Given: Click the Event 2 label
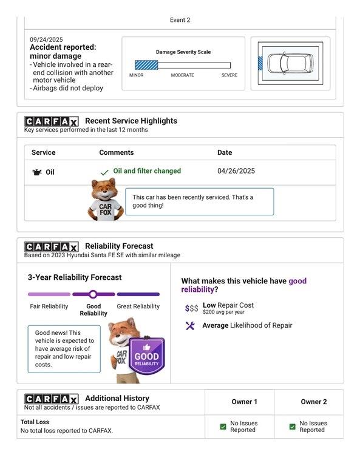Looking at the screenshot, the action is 180,20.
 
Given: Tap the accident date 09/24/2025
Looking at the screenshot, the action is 46,39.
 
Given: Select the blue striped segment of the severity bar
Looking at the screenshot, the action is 146,65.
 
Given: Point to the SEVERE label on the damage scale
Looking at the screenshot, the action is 229,75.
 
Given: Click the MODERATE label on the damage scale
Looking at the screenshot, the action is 182,75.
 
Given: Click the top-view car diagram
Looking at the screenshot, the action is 290,63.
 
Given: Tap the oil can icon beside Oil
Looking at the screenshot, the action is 37,172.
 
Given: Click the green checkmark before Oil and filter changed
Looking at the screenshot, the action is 104,172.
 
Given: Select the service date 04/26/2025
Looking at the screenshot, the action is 236,171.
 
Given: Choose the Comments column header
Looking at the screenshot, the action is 117,152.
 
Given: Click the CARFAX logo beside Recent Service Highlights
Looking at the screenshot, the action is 52,121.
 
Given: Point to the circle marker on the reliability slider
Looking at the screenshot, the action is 93,294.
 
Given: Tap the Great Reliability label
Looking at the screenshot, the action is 138,306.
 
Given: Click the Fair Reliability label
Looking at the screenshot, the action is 49,306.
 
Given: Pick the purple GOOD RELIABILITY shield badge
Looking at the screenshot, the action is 146,356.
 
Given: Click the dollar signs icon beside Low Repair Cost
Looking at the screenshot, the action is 191,308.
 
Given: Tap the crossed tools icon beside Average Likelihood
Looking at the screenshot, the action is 190,326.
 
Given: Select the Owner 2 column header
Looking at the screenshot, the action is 314,402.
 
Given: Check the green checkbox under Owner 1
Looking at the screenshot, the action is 223,427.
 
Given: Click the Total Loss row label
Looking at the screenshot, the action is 35,422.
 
